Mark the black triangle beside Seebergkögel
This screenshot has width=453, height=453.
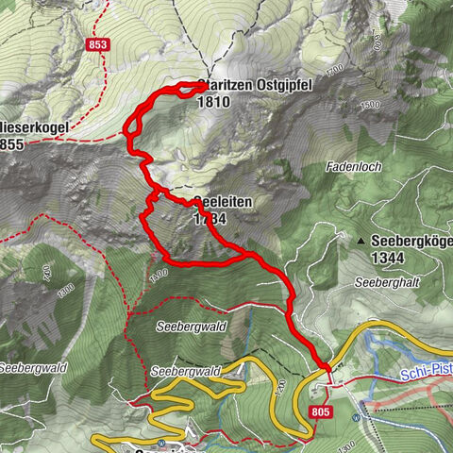361,243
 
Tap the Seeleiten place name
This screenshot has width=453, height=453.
221,203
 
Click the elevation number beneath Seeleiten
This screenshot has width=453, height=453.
210,218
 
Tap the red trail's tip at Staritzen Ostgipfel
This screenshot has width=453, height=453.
201,85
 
